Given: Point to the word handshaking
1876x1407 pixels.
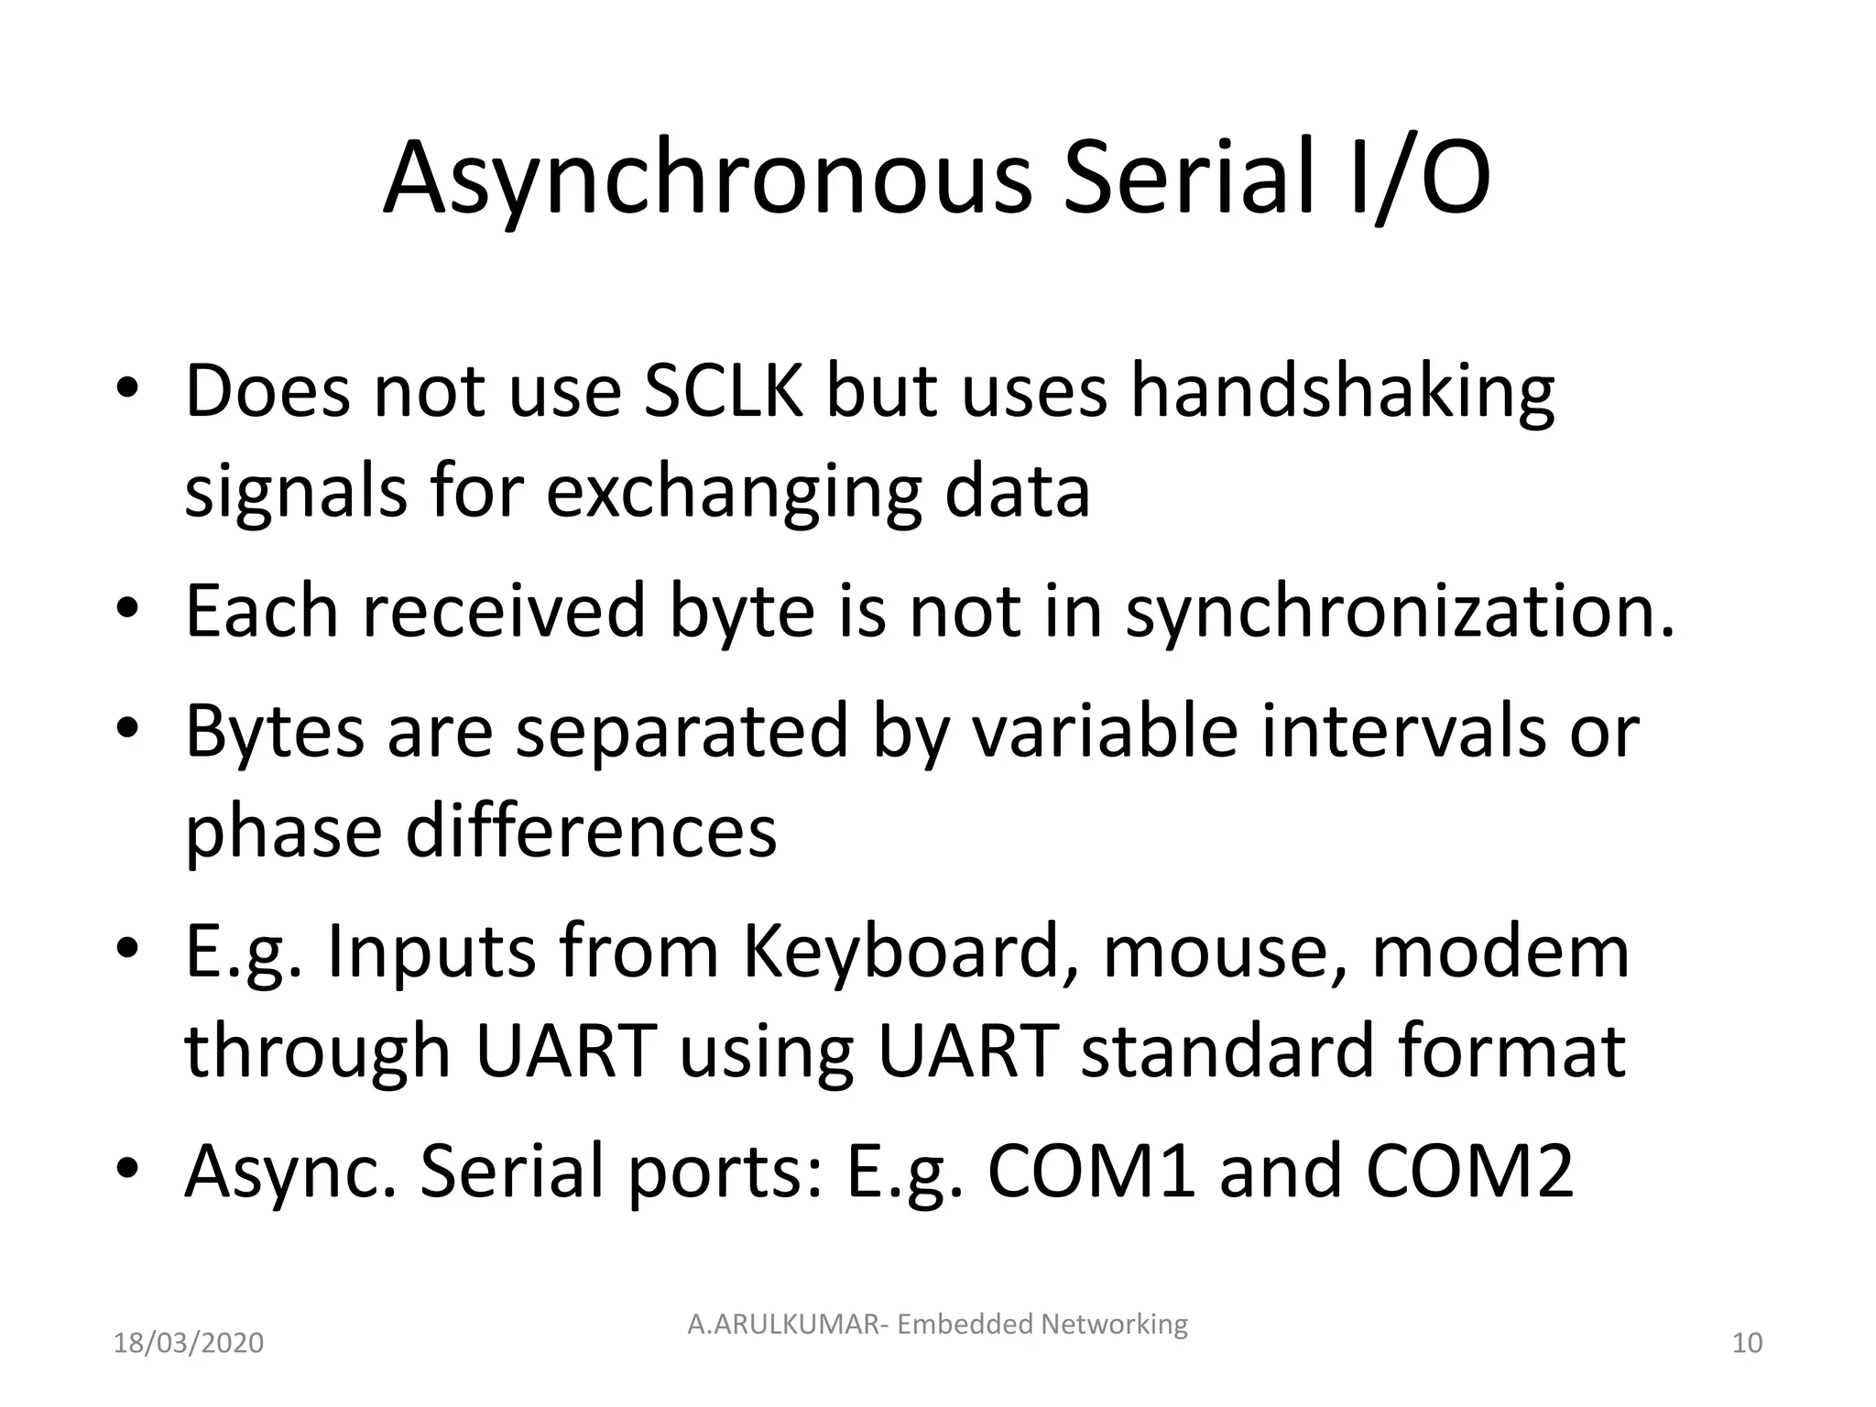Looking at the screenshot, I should tap(1342, 391).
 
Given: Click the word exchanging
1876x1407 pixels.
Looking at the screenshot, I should tap(734, 493).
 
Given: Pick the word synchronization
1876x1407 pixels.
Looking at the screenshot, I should tap(1400, 611).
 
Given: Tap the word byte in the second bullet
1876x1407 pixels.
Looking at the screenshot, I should tap(742, 611).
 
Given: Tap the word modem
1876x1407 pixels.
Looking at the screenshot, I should tap(1501, 952).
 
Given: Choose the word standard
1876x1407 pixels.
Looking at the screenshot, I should tap(1228, 1051).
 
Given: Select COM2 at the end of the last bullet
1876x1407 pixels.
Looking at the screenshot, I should tap(1469, 1172).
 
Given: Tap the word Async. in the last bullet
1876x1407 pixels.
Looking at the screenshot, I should tap(290, 1173).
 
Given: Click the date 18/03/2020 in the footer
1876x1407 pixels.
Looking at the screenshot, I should tap(189, 1344).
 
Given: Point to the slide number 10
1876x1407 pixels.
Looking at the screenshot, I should tap(1747, 1344).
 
